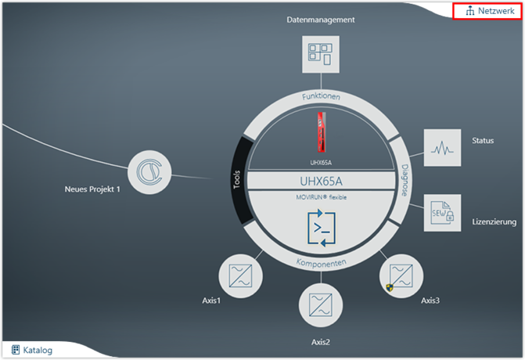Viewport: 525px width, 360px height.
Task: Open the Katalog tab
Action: (32, 350)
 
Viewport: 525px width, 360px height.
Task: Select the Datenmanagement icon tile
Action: (320, 56)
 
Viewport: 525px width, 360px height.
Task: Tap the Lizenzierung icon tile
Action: (444, 212)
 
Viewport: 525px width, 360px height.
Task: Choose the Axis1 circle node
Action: (239, 275)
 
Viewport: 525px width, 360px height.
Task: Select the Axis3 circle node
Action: (403, 275)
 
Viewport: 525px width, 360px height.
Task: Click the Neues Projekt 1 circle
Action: (149, 171)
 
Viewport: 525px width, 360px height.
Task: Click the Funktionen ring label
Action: (321, 98)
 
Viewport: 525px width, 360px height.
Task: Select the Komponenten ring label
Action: (321, 263)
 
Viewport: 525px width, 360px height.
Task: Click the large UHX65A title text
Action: (322, 182)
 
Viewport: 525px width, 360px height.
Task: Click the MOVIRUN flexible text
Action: (322, 197)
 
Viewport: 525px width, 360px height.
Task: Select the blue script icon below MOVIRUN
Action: (321, 229)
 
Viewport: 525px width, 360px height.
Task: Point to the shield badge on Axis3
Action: (389, 288)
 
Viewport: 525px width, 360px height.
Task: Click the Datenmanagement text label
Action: (321, 20)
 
